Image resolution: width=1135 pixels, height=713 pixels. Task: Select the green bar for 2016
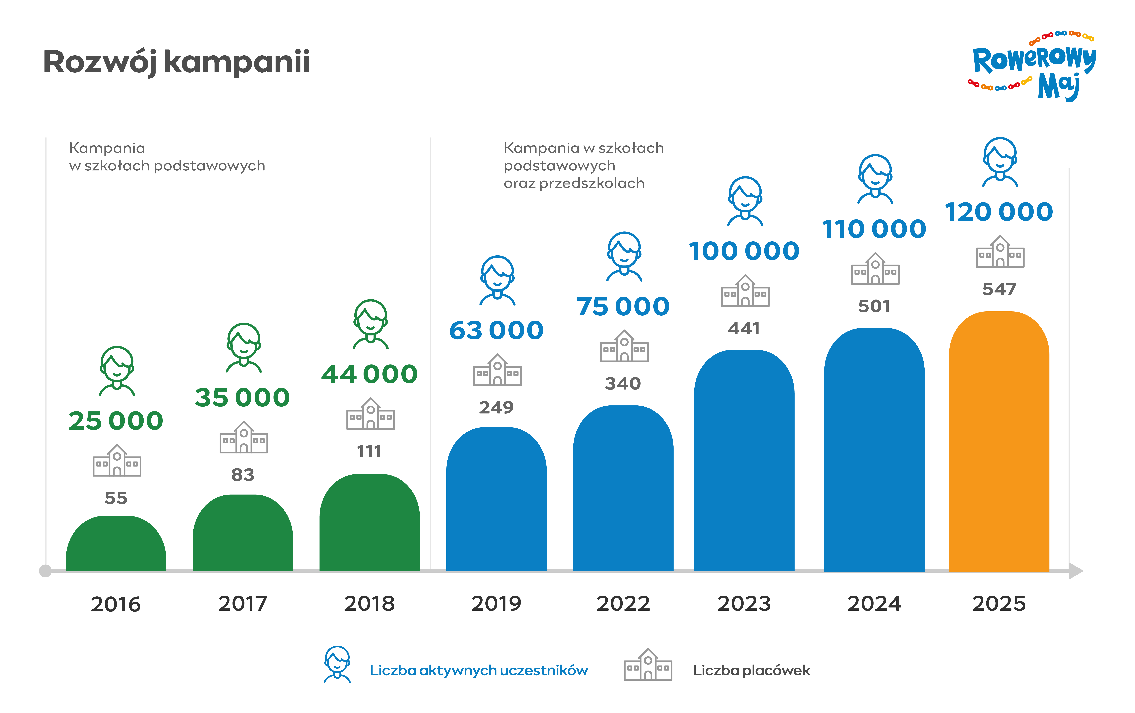tap(116, 543)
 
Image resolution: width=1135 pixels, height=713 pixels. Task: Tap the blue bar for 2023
tap(744, 460)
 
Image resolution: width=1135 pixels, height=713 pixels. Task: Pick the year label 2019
tap(496, 604)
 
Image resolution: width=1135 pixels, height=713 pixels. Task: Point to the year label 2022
tap(623, 604)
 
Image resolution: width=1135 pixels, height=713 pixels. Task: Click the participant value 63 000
tap(496, 330)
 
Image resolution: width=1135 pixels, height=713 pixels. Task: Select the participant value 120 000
tap(999, 212)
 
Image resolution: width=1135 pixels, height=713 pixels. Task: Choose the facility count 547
tap(999, 289)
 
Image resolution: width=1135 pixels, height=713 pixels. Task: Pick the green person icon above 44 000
tap(370, 324)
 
